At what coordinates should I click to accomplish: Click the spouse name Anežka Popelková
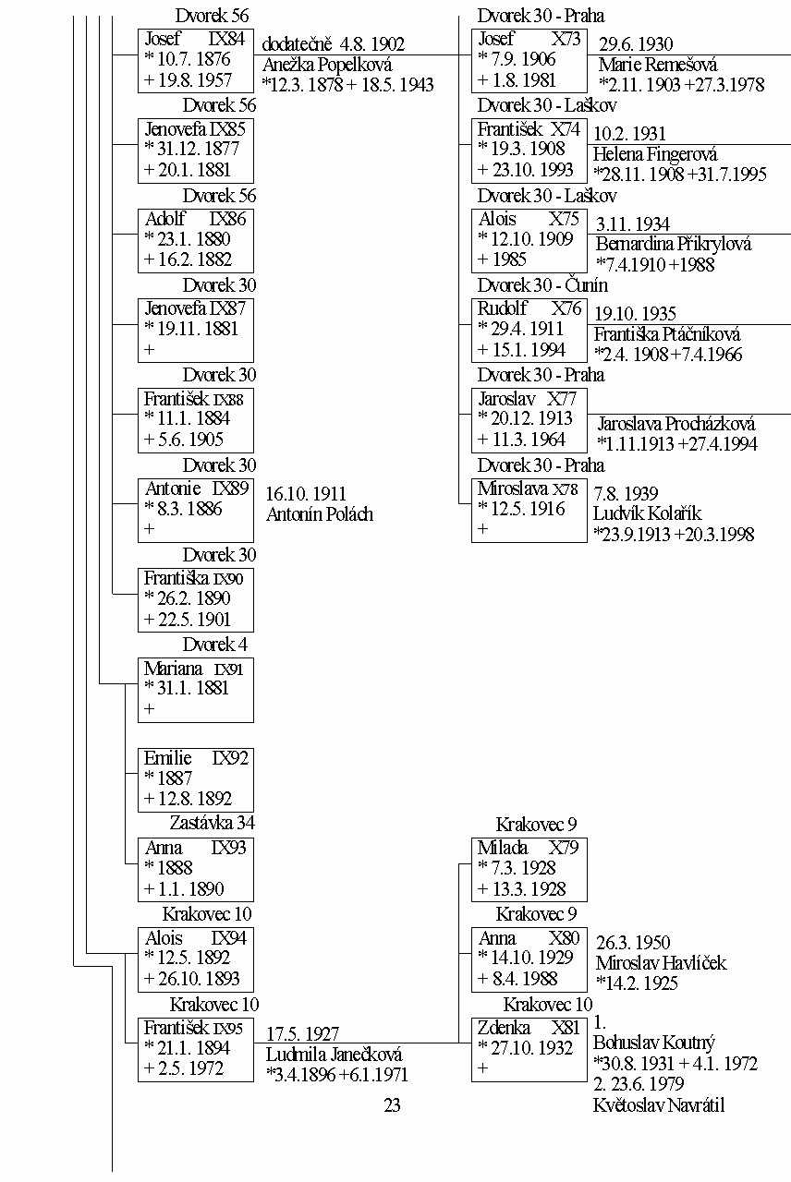point(327,65)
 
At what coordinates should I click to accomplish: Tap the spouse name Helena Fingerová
point(655,154)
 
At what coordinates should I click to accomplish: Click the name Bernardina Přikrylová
point(674,244)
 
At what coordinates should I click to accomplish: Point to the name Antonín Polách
point(320,514)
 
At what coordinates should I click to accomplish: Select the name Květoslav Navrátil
point(659,1105)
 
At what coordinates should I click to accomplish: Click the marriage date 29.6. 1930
point(636,43)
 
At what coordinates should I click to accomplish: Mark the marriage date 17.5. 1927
point(302,1033)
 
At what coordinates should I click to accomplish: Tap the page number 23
point(392,1105)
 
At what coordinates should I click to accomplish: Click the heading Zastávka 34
point(212,823)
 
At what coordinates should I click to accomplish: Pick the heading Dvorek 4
point(215,645)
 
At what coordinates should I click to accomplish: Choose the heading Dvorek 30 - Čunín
point(542,285)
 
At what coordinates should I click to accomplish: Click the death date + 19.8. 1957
point(188,80)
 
